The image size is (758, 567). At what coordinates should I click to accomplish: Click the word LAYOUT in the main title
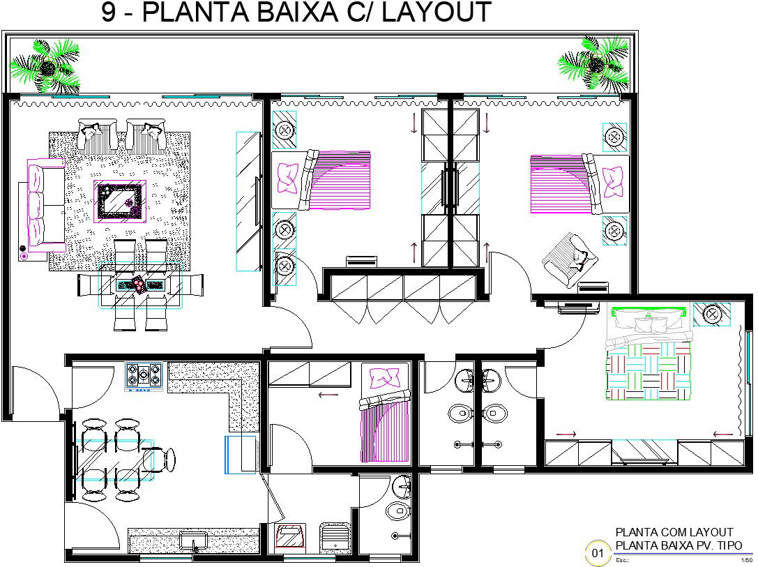(x=437, y=12)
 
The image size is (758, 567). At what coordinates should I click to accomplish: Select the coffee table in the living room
(x=120, y=201)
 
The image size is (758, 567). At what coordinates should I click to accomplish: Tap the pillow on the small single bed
(x=384, y=379)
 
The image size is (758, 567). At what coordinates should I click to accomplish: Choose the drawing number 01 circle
(x=598, y=553)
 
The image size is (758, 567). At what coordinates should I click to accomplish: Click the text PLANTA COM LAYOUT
(x=674, y=532)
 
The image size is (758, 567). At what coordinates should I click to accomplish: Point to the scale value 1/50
(x=747, y=560)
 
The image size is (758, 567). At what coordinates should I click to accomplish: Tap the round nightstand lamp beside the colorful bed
(x=711, y=315)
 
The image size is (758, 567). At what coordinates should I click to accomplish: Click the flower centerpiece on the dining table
(x=138, y=284)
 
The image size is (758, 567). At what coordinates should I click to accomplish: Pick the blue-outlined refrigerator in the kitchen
(x=241, y=455)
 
